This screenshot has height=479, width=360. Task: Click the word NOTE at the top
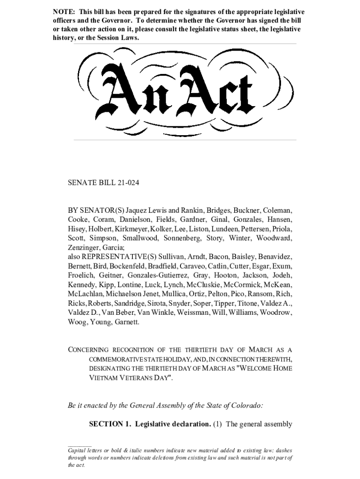(x=63, y=12)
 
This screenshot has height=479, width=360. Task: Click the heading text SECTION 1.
(x=109, y=425)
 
